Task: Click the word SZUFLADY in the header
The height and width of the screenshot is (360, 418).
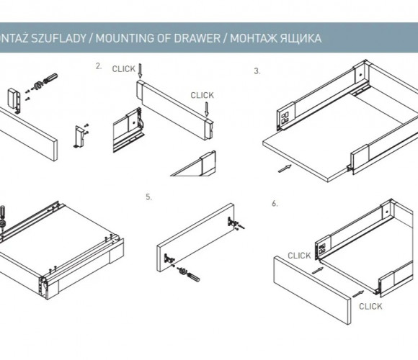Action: [58, 38]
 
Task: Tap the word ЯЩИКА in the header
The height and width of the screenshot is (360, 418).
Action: [301, 38]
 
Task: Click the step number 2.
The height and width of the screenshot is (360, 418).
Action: [99, 66]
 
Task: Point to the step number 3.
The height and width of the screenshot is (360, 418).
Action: [257, 71]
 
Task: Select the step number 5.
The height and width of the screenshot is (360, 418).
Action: [148, 197]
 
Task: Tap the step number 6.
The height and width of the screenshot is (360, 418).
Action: [275, 204]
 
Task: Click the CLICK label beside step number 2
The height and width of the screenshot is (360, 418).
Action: [124, 69]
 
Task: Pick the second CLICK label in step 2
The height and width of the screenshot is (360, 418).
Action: [202, 95]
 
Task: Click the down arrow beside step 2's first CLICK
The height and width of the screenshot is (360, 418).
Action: [141, 71]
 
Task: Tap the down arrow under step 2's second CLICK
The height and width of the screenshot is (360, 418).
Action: [207, 109]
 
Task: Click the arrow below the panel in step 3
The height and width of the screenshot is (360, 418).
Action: [285, 168]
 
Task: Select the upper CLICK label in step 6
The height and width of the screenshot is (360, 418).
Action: [299, 256]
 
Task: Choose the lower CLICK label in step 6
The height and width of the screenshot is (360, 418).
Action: [370, 307]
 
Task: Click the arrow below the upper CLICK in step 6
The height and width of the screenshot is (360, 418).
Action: [318, 271]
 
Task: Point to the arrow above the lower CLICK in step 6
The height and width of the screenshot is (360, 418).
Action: [358, 294]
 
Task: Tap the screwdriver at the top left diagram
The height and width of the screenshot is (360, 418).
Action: [50, 78]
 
